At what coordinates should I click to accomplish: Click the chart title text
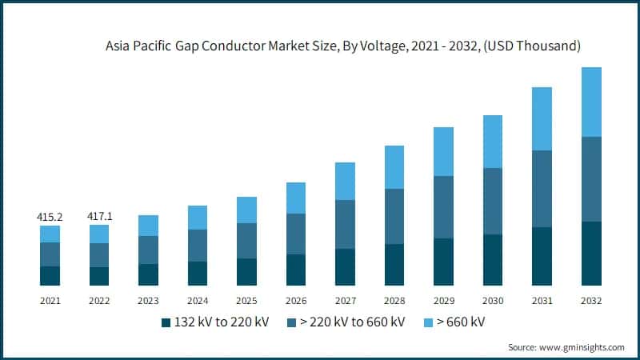342,47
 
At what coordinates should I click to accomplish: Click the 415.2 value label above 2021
50,217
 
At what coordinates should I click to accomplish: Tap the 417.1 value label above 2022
99,217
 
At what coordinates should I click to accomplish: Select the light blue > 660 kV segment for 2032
591,102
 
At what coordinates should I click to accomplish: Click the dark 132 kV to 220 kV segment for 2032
591,253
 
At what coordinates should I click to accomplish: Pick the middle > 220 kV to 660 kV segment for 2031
542,189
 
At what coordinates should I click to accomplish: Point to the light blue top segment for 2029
443,151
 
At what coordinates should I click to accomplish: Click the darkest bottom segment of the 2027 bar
345,266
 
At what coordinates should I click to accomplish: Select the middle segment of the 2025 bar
246,241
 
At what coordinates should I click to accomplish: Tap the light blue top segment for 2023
148,226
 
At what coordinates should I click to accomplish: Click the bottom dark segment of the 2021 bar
50,275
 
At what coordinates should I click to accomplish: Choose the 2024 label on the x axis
198,301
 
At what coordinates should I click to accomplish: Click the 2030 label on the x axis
493,301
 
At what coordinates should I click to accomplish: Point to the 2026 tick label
296,301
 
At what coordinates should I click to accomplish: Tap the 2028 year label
394,301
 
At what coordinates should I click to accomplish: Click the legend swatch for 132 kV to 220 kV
166,322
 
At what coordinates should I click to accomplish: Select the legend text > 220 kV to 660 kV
351,322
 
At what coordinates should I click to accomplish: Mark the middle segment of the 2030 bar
493,201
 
